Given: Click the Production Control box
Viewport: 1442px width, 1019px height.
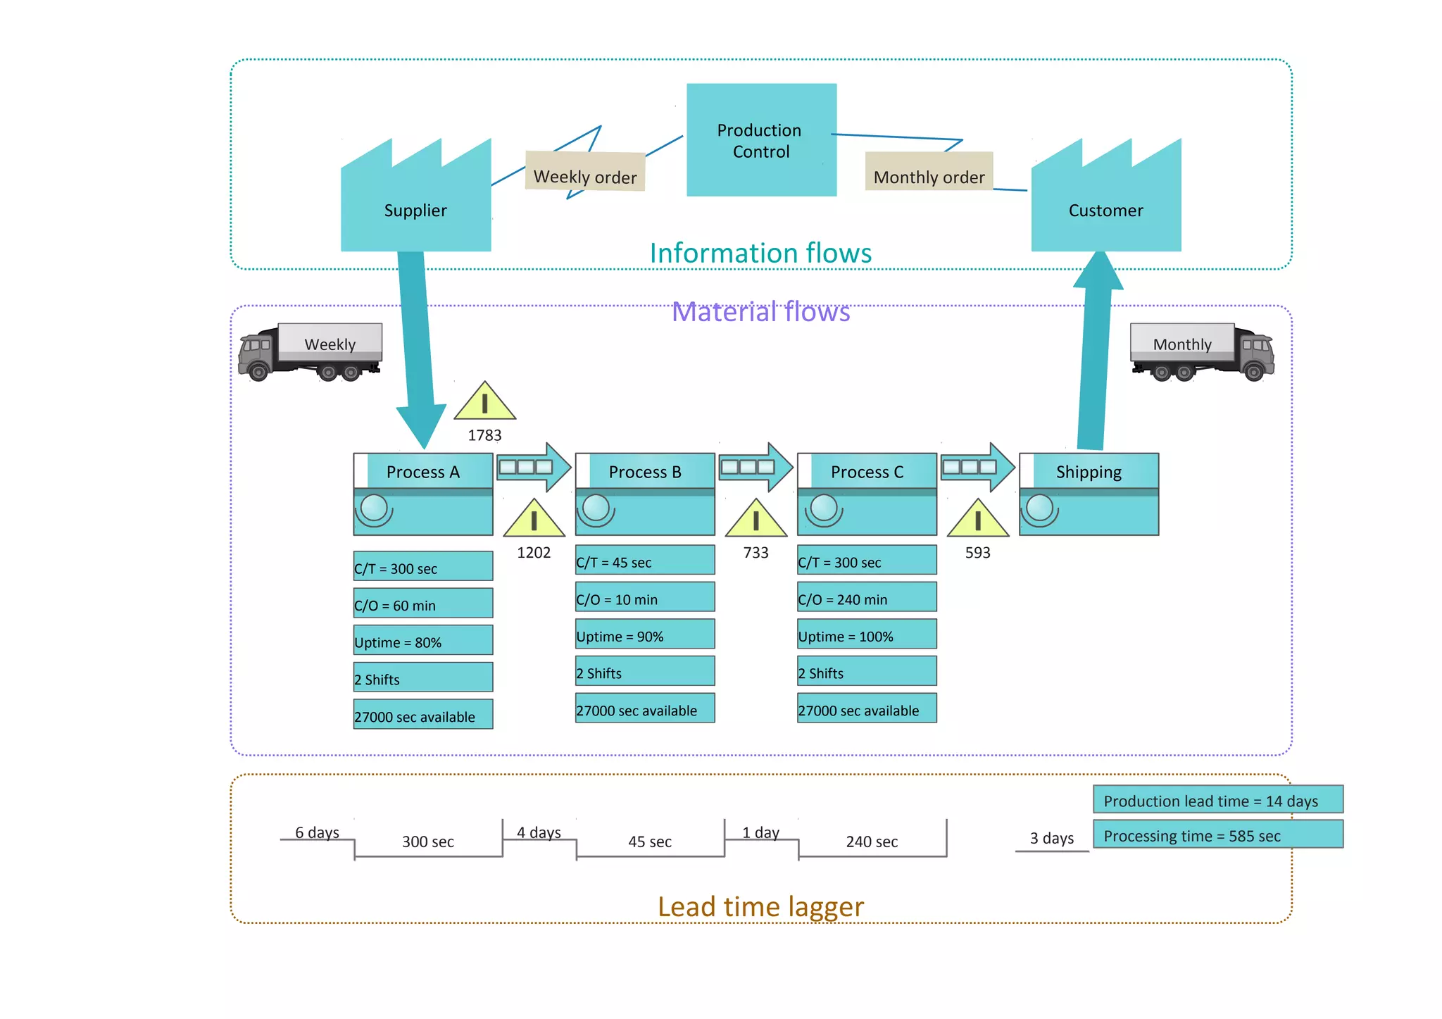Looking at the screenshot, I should pyautogui.click(x=761, y=140).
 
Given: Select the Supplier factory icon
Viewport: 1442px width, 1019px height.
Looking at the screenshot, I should pyautogui.click(x=415, y=204).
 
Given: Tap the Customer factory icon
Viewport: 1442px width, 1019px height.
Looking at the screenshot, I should pyautogui.click(x=1105, y=204).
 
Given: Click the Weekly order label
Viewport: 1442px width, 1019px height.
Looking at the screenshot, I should pyautogui.click(x=585, y=173).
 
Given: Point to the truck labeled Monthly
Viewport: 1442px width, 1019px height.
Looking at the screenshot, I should pyautogui.click(x=1202, y=351).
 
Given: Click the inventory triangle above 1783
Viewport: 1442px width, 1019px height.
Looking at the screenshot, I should pyautogui.click(x=484, y=402).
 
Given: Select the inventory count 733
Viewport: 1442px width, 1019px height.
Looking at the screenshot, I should pyautogui.click(x=756, y=553).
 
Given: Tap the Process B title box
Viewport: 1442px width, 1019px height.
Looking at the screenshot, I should pyautogui.click(x=645, y=471).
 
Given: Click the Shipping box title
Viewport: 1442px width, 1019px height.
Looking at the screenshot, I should pyautogui.click(x=1089, y=471).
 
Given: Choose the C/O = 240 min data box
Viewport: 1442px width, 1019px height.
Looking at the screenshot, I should pyautogui.click(x=866, y=598).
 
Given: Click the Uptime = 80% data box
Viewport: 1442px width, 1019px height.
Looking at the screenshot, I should pyautogui.click(x=422, y=641).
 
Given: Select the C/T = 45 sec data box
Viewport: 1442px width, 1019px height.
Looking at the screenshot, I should pyautogui.click(x=644, y=561).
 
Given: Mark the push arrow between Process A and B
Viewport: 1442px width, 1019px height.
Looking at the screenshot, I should pyautogui.click(x=533, y=467).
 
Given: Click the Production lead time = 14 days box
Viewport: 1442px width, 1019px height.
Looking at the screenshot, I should pyautogui.click(x=1217, y=800).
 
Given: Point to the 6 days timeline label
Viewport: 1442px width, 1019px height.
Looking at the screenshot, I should pyautogui.click(x=317, y=832).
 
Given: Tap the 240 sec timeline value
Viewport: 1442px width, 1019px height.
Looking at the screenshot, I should pyautogui.click(x=872, y=842).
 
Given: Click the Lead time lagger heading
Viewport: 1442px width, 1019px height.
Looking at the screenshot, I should pyautogui.click(x=760, y=906).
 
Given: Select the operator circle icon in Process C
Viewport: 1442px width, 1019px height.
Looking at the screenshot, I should pyautogui.click(x=823, y=508).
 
